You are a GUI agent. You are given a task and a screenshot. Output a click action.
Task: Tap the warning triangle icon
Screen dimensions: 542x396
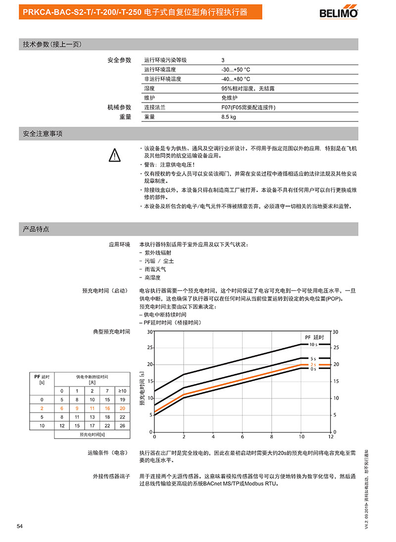(x=114, y=156)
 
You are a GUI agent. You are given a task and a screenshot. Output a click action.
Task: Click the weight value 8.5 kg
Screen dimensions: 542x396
(x=229, y=117)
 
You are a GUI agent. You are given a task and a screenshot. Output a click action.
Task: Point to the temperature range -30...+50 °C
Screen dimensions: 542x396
(x=236, y=69)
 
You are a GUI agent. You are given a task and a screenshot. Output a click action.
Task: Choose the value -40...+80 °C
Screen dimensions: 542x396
(x=236, y=79)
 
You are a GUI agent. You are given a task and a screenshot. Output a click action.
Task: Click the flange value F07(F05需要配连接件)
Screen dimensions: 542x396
(x=248, y=108)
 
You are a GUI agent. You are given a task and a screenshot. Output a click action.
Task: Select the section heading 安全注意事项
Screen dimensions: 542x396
(x=43, y=134)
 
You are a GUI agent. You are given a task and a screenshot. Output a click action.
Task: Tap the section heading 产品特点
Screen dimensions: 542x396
(x=36, y=229)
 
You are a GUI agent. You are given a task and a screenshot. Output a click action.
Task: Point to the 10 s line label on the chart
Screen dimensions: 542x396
(x=313, y=344)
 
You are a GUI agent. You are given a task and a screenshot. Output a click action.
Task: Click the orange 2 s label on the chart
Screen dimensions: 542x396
(x=313, y=365)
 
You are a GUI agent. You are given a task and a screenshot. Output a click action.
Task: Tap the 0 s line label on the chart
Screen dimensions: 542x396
(x=313, y=369)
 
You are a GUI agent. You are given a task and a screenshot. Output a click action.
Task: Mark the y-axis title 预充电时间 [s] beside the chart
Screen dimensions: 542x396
(x=143, y=389)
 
